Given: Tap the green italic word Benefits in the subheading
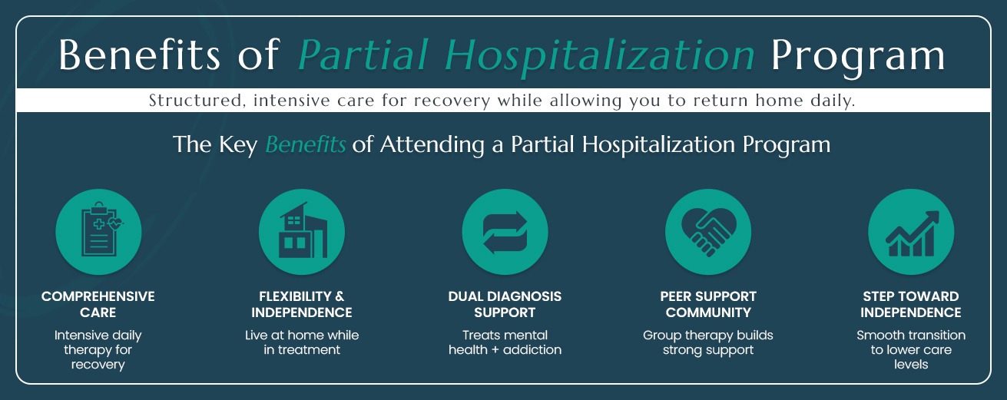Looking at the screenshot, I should point(305,144).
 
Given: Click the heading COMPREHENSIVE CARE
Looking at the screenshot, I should point(98,304).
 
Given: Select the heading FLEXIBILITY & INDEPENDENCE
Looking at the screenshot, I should point(302,304).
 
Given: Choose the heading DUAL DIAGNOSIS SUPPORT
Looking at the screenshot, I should point(505,304).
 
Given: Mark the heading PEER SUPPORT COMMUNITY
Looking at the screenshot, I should point(707,304).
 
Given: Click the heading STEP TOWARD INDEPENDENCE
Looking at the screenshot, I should point(910,304).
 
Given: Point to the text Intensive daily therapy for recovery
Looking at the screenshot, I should point(98,350).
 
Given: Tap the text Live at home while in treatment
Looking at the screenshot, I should point(302,342).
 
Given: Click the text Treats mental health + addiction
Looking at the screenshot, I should point(505,342).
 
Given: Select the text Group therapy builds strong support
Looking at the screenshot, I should point(707,342).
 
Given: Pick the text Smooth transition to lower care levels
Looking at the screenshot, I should point(910,350).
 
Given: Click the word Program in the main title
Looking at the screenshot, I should point(858,55).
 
